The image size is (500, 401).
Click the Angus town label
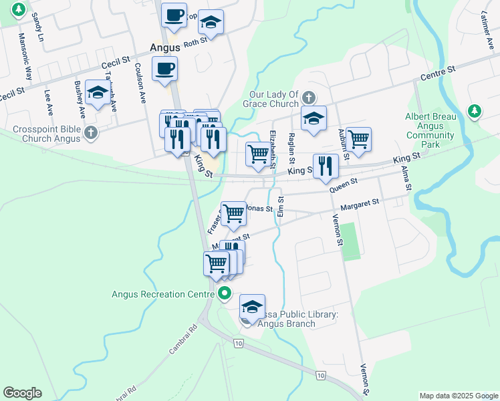[164, 47]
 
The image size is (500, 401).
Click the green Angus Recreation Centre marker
[225, 293]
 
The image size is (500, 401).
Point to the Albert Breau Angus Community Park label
[430, 130]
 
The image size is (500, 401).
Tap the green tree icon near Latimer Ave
[474, 110]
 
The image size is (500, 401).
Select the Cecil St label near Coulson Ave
[116, 62]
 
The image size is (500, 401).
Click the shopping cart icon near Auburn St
[358, 139]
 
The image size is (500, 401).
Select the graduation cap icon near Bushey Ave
[98, 94]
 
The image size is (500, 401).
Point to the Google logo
[22, 393]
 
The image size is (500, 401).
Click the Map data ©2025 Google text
[458, 396]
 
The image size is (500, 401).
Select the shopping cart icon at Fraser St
[234, 214]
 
